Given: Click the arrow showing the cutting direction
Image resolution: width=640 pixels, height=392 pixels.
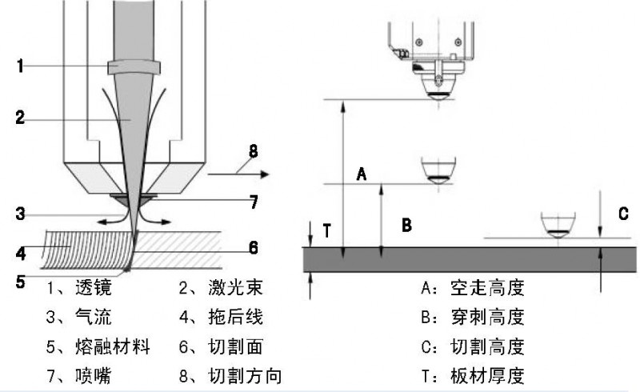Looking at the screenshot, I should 238,172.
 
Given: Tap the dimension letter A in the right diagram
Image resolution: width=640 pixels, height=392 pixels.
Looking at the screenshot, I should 362,173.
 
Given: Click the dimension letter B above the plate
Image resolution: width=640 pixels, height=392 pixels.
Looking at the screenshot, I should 406,225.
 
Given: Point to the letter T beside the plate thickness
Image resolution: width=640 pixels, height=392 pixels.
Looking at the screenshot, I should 326,230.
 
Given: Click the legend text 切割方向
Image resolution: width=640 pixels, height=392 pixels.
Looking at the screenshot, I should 245,374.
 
